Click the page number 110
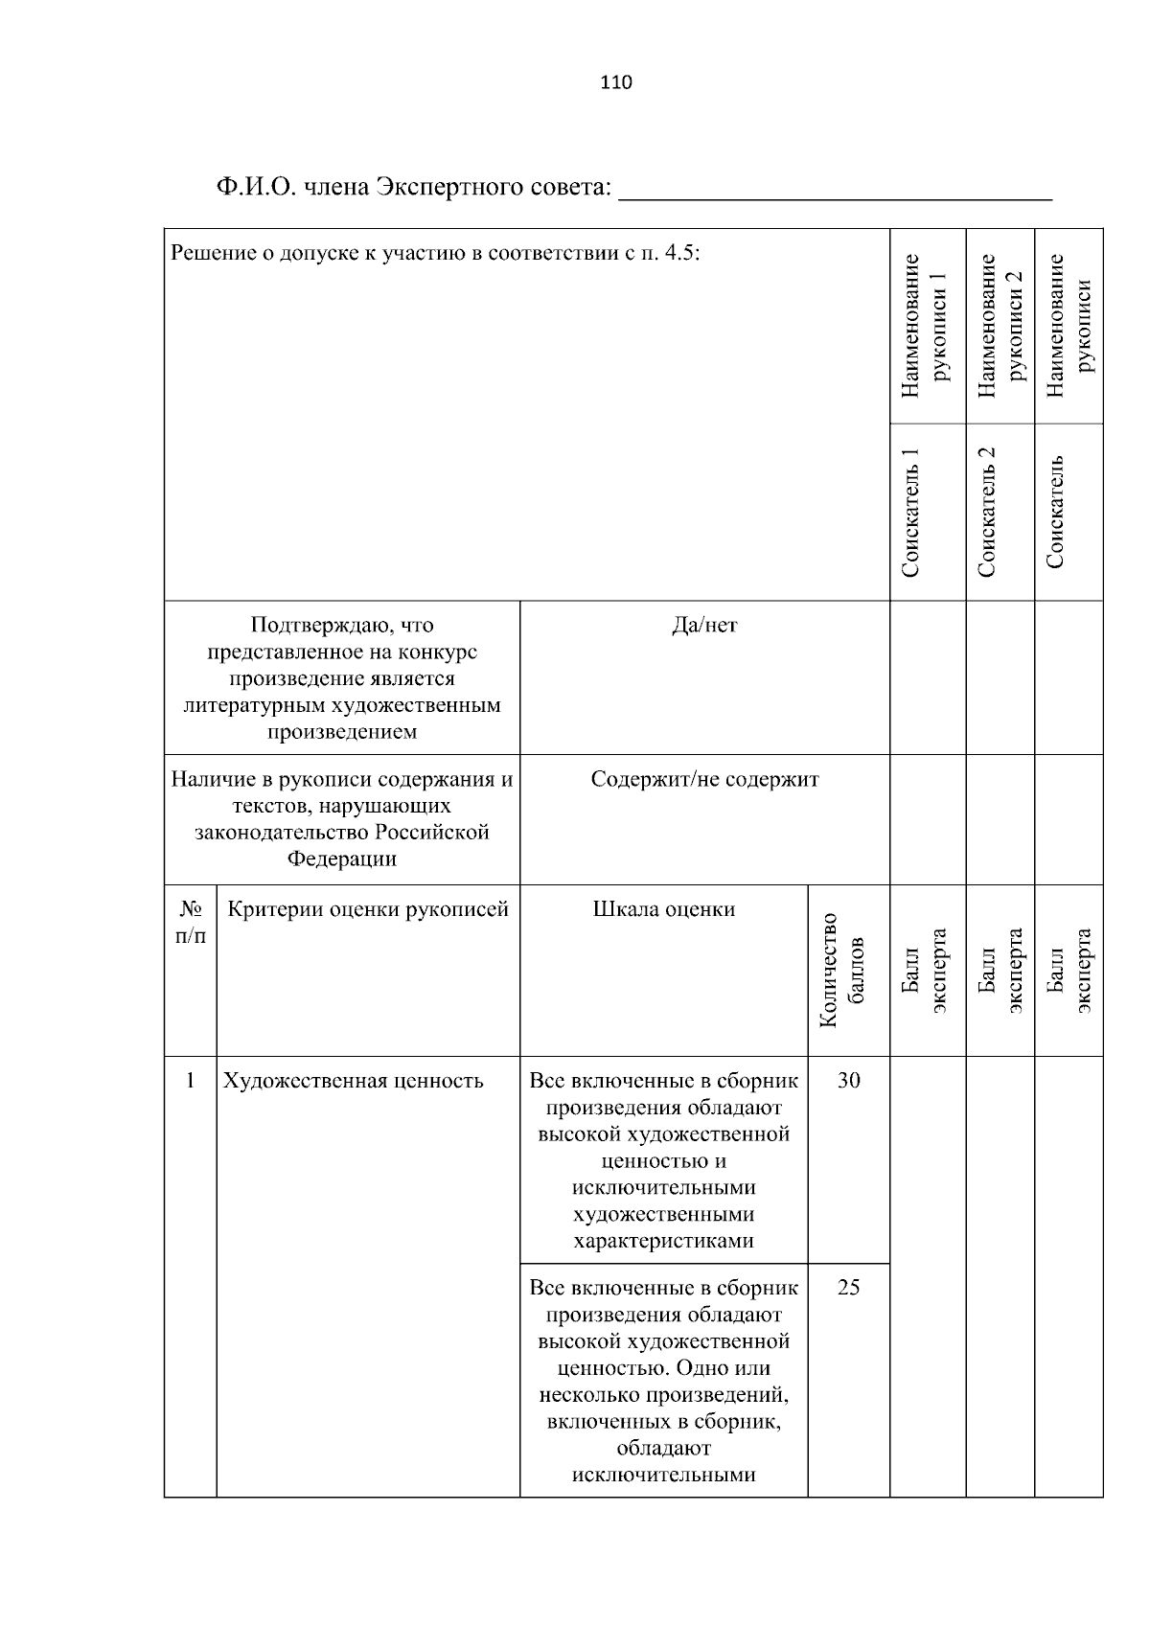tap(616, 82)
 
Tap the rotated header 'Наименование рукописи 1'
tap(927, 326)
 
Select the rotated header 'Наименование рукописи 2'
tap(1000, 326)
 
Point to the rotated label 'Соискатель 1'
tap(911, 512)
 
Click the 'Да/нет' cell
tap(704, 626)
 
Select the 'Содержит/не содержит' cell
tap(704, 779)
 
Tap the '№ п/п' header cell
tap(190, 922)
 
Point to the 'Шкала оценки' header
tap(663, 909)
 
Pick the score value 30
tap(848, 1081)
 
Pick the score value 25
tap(848, 1288)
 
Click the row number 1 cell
tap(190, 1081)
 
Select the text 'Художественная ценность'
tap(353, 1082)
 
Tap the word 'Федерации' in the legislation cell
tap(342, 859)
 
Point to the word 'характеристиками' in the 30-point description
tap(663, 1242)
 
